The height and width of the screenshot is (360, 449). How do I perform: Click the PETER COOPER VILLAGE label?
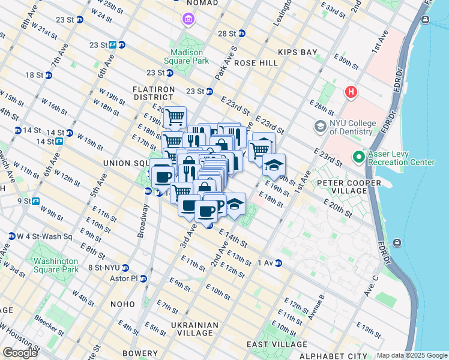(349, 187)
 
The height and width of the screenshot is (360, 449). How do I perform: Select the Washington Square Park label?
(56, 265)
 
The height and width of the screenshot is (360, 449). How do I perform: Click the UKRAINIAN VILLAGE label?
(193, 329)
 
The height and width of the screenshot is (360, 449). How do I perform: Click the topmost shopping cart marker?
(175, 117)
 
